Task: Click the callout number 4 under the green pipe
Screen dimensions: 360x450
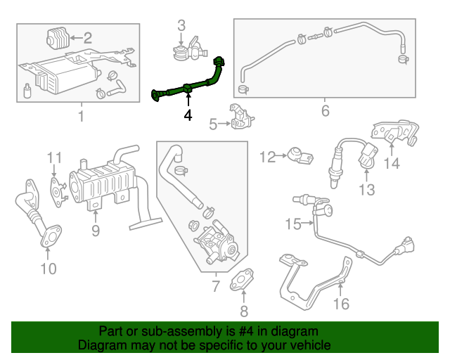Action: point(188,115)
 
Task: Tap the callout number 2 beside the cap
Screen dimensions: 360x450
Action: point(87,37)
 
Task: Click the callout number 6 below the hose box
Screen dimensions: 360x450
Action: point(325,111)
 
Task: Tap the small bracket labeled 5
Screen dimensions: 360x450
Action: point(241,117)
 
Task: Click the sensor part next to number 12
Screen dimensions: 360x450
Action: point(299,157)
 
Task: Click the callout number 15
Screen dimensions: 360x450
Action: point(292,224)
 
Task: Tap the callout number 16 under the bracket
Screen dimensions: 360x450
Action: point(341,304)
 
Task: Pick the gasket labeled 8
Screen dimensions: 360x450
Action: point(245,278)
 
